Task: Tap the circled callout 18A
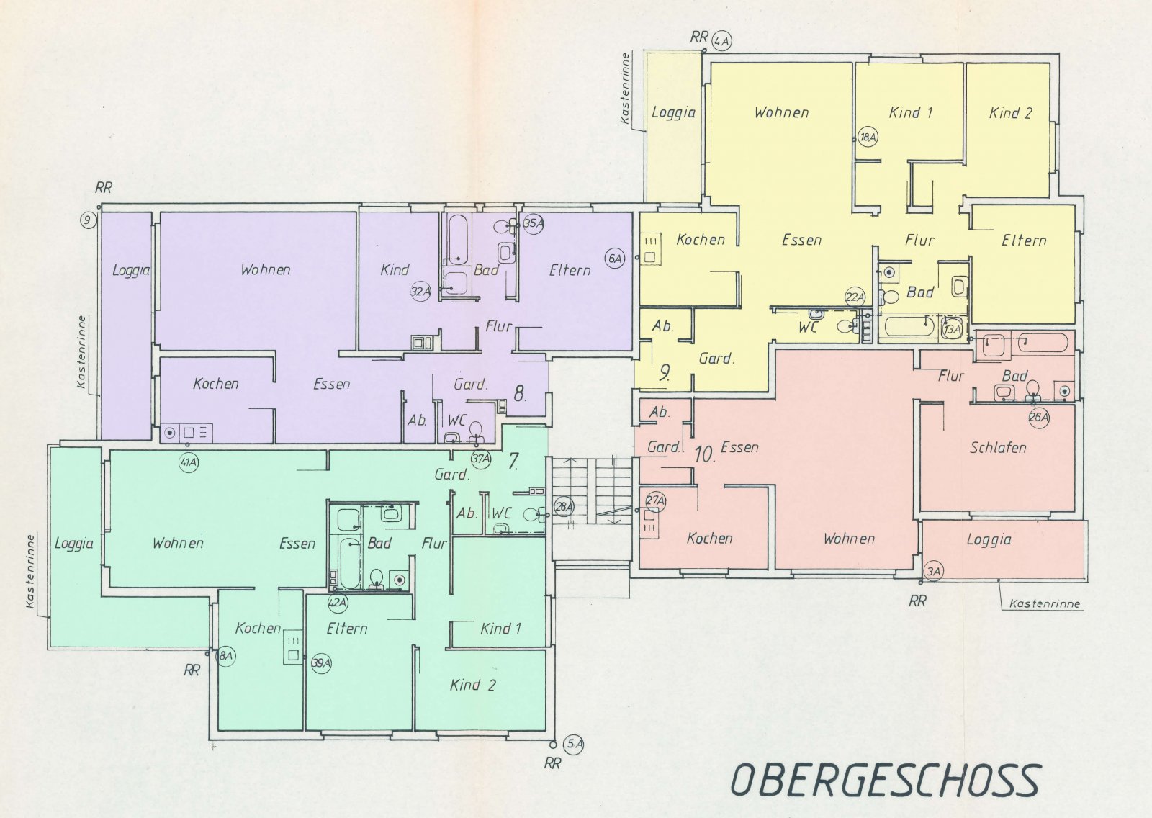click(868, 138)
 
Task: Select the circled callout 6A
click(615, 259)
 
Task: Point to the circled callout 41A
click(189, 462)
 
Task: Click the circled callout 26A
click(1039, 418)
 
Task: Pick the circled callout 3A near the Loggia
click(933, 571)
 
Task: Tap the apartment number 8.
click(520, 395)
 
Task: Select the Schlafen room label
click(998, 448)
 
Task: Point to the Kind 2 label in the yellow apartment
click(1011, 113)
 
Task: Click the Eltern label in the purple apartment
click(570, 270)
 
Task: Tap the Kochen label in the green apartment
click(258, 628)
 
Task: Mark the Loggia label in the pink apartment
click(989, 539)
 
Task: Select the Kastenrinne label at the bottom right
click(1045, 603)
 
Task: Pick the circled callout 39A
click(321, 664)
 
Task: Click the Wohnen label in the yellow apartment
click(781, 112)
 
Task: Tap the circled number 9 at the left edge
click(89, 221)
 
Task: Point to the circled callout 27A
click(656, 500)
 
